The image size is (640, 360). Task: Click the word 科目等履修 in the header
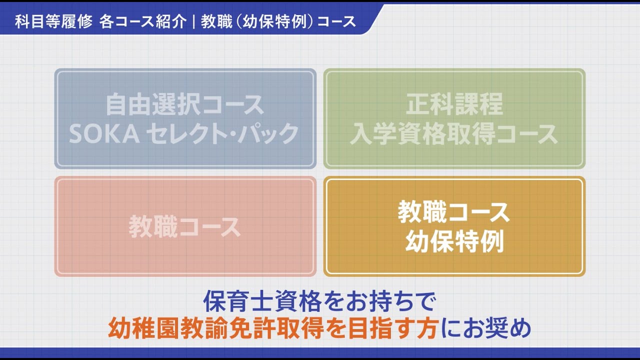click(x=53, y=21)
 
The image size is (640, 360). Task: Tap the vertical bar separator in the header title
click(x=194, y=21)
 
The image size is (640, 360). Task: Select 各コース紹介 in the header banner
click(x=143, y=21)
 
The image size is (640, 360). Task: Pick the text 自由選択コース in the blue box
click(x=185, y=104)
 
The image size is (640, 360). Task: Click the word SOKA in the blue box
click(x=104, y=133)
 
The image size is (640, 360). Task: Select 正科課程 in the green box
click(x=454, y=104)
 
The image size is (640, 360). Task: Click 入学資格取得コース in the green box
click(x=454, y=133)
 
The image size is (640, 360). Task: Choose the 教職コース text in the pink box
click(x=185, y=227)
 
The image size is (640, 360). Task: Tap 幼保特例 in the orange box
click(x=454, y=241)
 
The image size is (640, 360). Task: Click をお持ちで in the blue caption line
click(x=379, y=301)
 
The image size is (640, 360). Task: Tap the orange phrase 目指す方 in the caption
click(x=394, y=328)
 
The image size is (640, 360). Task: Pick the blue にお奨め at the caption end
click(x=486, y=328)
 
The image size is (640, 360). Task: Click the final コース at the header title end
click(x=336, y=21)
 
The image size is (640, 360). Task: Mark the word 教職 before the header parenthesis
click(x=216, y=21)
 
